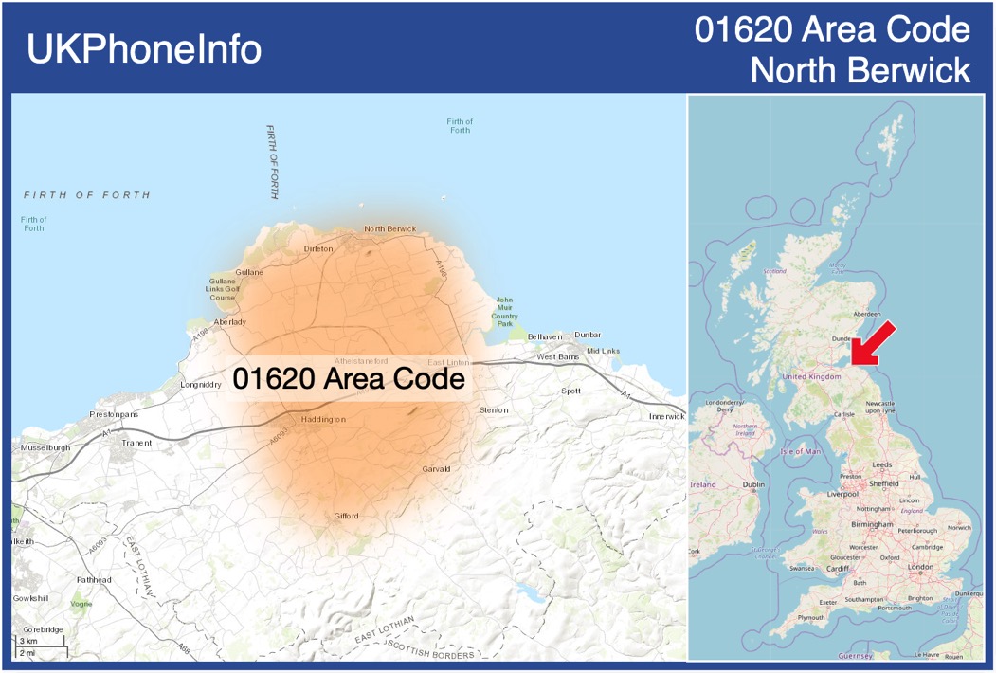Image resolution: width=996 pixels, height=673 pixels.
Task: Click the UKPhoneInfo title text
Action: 143,49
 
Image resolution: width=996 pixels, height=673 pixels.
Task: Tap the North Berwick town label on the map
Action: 390,228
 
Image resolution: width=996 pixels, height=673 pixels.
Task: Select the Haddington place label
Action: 323,418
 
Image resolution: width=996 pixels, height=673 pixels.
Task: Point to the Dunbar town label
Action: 588,336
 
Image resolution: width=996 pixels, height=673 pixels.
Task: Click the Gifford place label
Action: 346,516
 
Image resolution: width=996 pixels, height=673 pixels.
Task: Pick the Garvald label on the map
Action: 436,469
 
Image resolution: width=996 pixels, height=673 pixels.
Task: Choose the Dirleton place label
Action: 318,248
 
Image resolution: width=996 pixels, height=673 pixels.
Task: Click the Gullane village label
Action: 249,272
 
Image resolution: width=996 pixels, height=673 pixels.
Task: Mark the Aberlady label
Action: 230,322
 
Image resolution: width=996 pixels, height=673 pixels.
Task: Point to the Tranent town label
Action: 136,443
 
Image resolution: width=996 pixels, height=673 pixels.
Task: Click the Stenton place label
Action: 494,410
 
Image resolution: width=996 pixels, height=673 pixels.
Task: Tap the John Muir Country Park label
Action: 505,312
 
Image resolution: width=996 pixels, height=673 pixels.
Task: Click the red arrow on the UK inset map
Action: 873,342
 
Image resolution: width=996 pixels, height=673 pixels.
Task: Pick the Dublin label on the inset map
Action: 753,484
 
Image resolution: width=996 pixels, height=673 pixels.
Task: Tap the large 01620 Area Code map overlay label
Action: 349,379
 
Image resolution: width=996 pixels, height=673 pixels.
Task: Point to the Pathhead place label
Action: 94,579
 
